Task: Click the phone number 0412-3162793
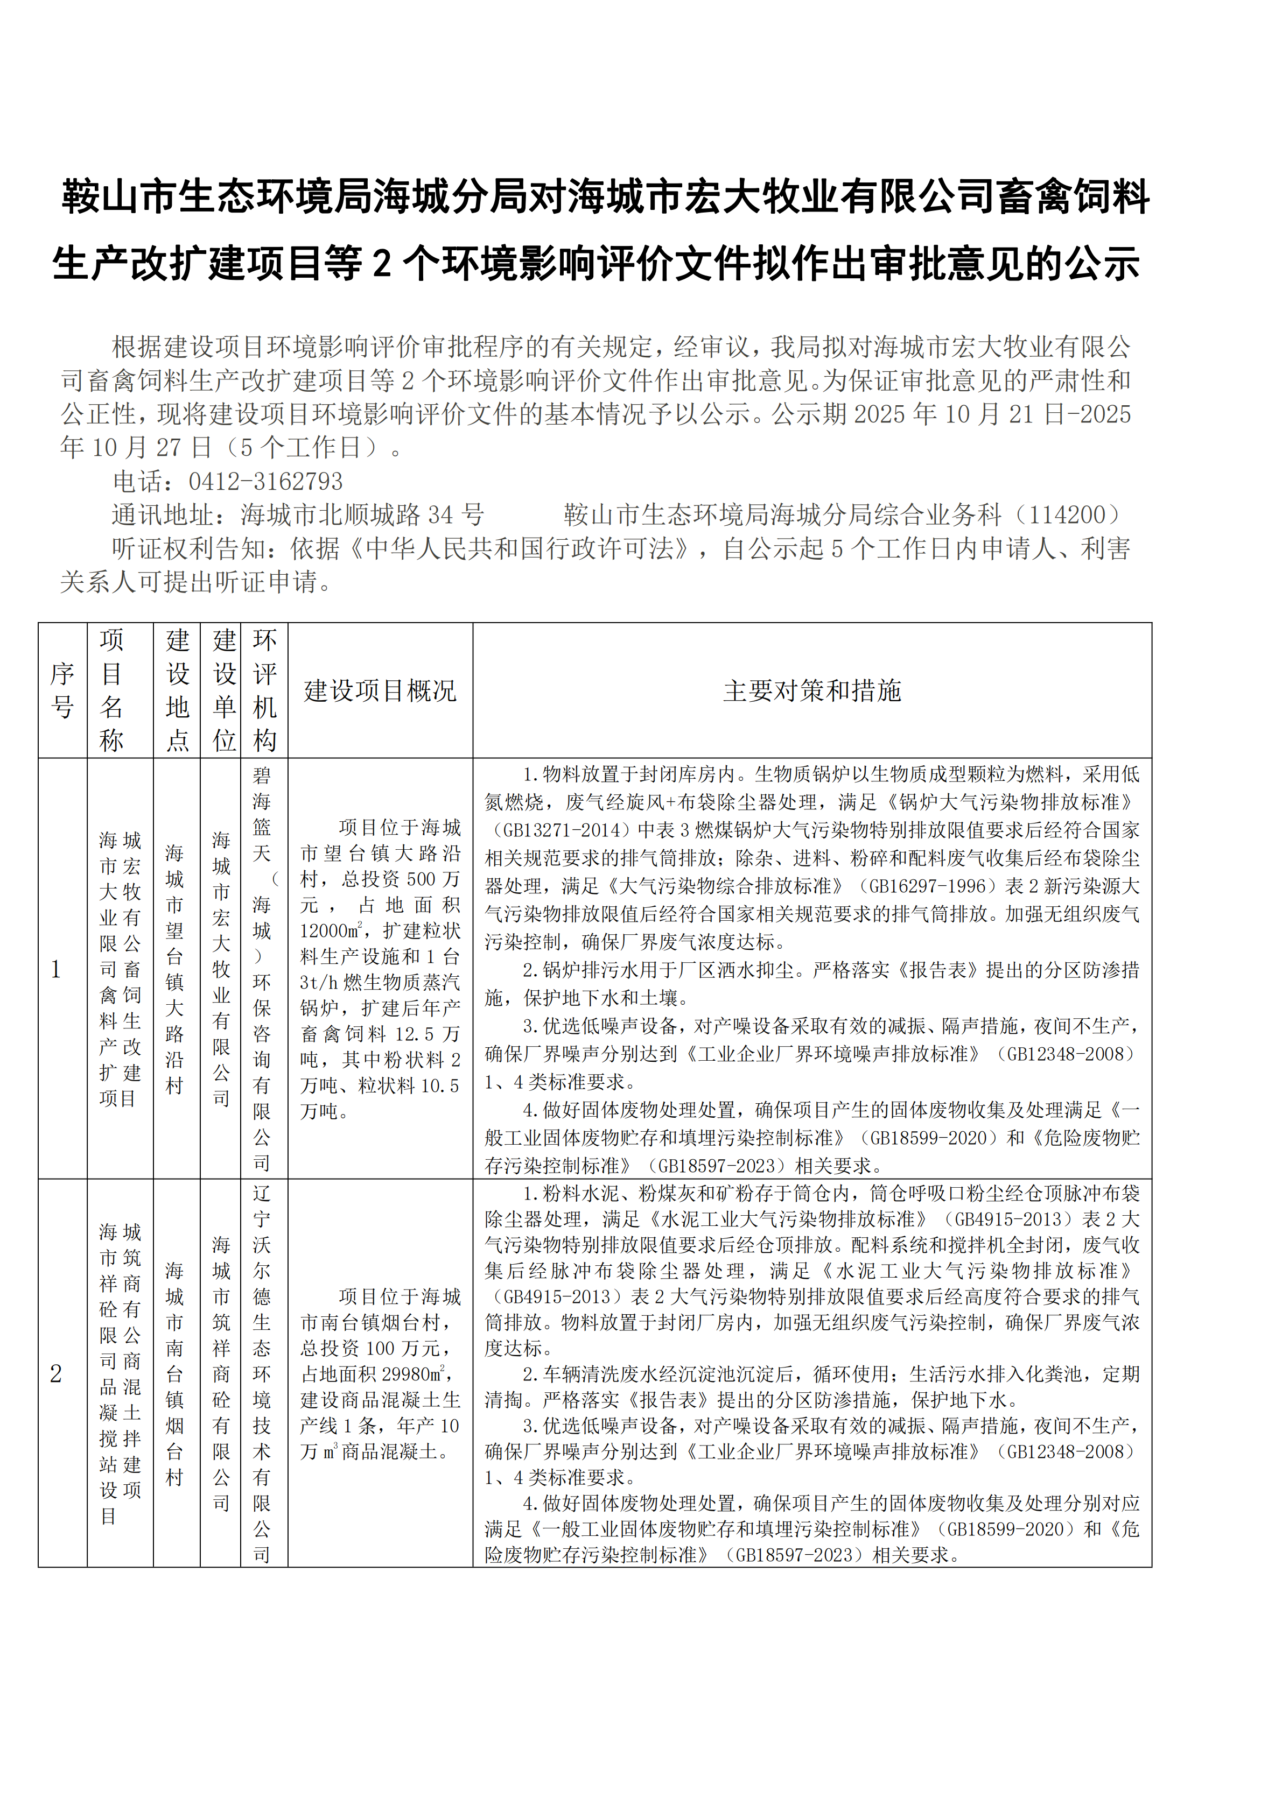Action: click(265, 482)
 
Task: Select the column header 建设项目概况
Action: click(380, 690)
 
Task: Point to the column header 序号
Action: click(62, 690)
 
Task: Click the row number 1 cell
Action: click(56, 969)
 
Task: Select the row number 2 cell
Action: click(56, 1374)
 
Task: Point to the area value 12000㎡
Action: click(331, 931)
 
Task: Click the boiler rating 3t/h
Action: click(319, 983)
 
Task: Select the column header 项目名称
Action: click(112, 690)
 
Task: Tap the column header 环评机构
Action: click(264, 690)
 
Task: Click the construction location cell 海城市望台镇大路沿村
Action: click(174, 969)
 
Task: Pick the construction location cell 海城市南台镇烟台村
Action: click(174, 1374)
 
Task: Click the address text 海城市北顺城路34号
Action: click(362, 516)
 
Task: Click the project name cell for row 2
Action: click(120, 1374)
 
